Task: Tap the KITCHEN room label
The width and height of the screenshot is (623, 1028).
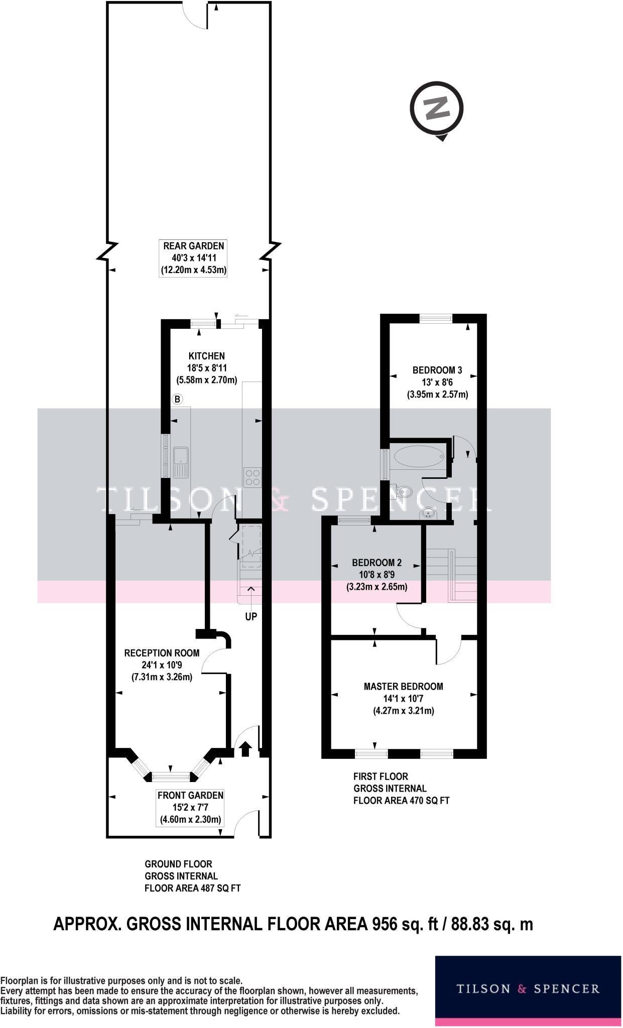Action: tap(206, 356)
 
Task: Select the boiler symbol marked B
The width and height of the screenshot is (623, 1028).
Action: tap(177, 400)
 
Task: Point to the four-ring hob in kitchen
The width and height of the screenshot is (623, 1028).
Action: tap(252, 477)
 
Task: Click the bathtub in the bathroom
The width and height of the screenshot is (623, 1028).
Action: tap(418, 456)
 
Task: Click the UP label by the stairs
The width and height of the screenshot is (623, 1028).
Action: tap(251, 616)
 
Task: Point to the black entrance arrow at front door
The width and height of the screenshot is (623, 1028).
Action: tap(245, 749)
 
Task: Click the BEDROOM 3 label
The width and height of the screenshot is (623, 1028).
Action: tap(437, 370)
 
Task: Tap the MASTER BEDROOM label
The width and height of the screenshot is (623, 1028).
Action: tap(403, 686)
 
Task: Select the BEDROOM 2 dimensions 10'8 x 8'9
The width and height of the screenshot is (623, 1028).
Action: tap(377, 575)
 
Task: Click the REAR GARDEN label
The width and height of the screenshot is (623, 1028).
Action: tap(193, 246)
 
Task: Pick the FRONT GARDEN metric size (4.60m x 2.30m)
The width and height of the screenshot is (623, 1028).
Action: tap(190, 820)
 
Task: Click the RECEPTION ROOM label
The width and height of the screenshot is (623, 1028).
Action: tap(162, 653)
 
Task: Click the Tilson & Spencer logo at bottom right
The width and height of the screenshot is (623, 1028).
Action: tap(528, 989)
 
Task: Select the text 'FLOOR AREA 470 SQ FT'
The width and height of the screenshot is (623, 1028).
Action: tap(401, 801)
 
